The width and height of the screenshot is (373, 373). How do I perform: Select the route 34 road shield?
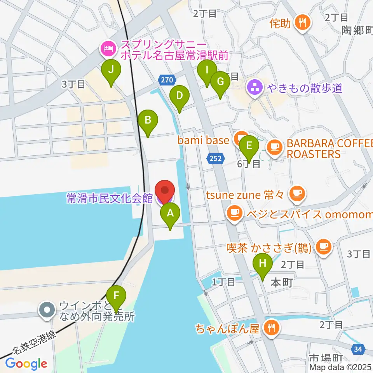tap(358, 350)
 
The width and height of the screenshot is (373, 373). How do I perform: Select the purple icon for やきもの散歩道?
tap(255, 88)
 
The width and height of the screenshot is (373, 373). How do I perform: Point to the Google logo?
tap(26, 364)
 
